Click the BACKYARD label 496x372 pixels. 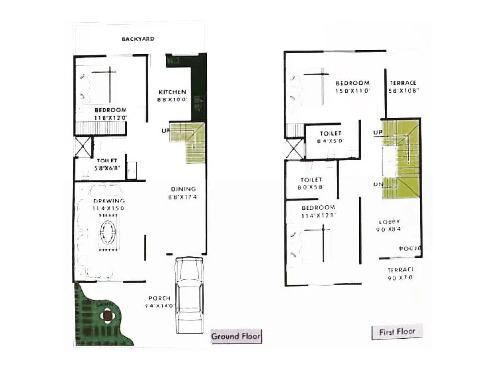coord(138,39)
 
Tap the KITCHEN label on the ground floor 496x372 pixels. coord(172,92)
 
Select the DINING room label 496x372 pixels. coord(184,189)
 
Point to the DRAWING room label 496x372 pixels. coord(108,201)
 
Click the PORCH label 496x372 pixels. coord(159,299)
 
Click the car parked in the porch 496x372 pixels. coord(189,295)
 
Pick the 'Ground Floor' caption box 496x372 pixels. coord(236,336)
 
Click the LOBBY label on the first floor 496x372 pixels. coord(389,222)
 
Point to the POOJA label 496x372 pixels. coord(411,248)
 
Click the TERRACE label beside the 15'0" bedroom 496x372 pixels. coord(403,83)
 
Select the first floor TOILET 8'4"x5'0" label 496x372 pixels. coord(331,134)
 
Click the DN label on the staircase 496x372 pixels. coord(377,185)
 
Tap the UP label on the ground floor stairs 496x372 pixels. coord(164,130)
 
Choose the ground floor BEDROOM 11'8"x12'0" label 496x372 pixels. coord(110,110)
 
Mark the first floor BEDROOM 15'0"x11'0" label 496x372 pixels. coord(352,83)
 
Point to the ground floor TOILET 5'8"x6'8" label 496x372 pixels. coord(107,161)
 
